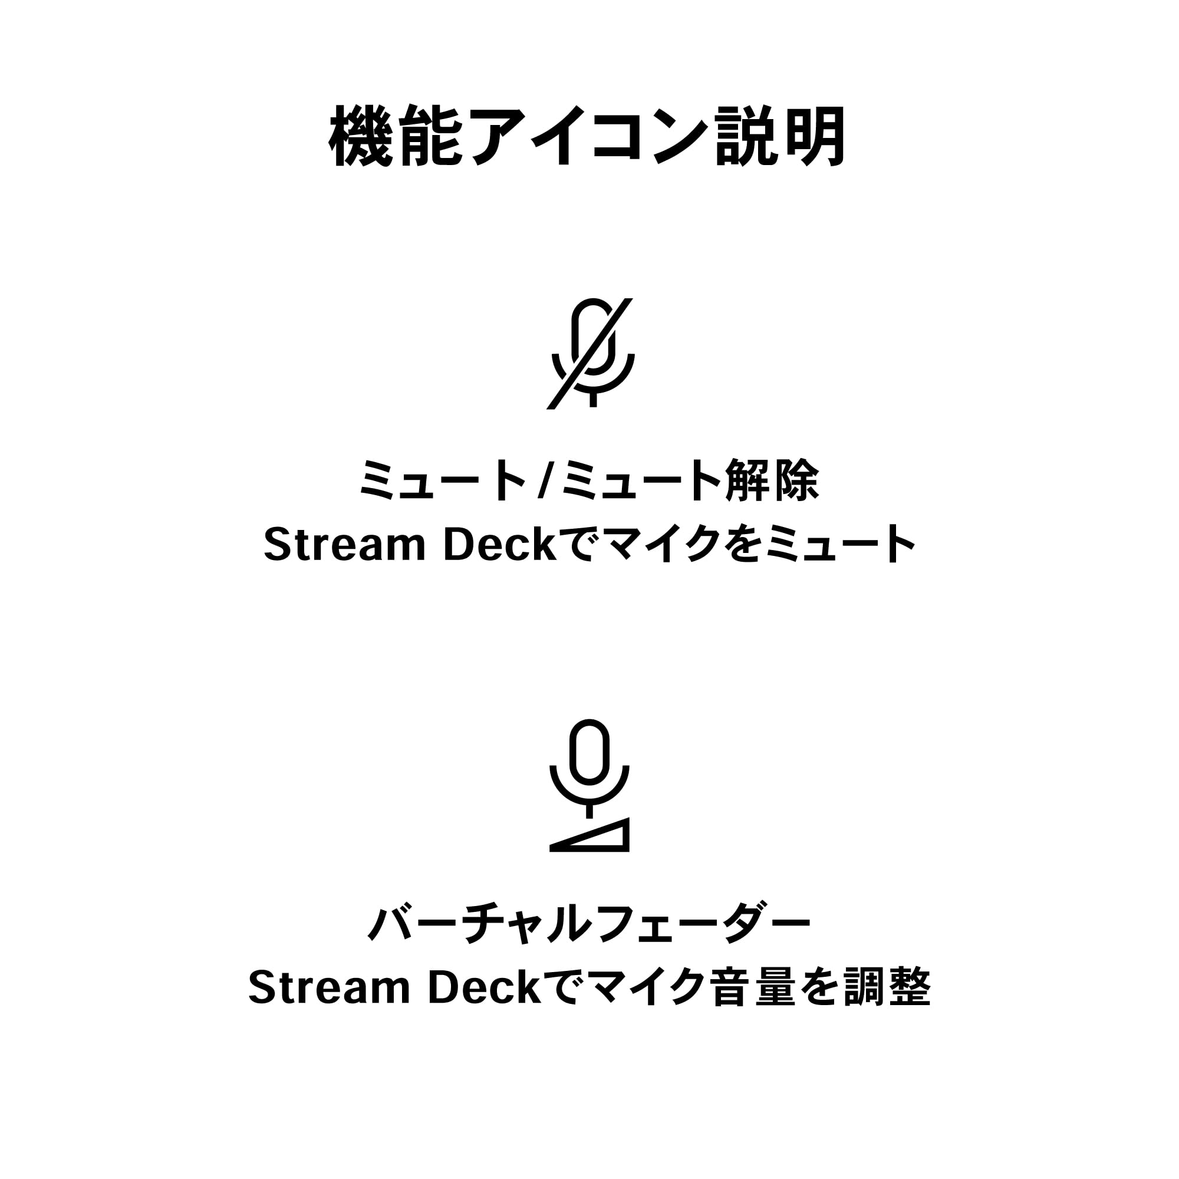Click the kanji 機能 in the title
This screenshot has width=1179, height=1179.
pos(396,136)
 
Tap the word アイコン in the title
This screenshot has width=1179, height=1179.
pos(589,136)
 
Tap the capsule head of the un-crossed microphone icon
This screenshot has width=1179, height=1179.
pos(589,752)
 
